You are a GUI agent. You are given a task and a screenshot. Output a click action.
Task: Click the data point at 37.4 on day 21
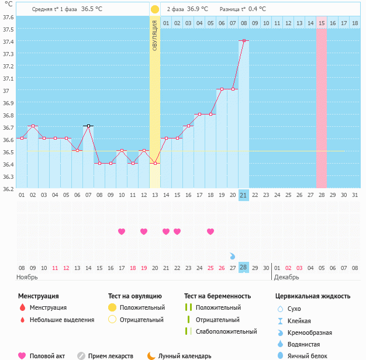(x=244, y=40)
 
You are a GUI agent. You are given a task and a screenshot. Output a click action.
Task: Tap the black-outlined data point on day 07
(x=88, y=126)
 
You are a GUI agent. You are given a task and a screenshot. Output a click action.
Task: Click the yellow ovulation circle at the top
(x=154, y=9)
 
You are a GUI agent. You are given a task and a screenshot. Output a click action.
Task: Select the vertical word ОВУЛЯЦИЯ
(x=155, y=36)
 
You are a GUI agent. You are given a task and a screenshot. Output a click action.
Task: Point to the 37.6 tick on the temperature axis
(x=9, y=17)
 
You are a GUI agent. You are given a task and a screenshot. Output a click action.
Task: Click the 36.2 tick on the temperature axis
(x=9, y=189)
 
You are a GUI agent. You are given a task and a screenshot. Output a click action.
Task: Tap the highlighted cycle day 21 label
(x=244, y=195)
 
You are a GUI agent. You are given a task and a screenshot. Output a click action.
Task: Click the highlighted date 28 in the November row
(x=244, y=267)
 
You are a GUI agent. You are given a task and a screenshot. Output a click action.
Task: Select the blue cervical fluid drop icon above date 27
(x=233, y=256)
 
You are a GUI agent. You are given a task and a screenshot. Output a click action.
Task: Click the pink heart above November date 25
(x=210, y=231)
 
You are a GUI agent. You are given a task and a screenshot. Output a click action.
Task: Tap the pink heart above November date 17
(x=122, y=231)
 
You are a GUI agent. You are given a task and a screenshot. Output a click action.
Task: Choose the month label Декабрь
(x=286, y=277)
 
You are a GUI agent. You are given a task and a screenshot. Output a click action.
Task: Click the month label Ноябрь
(x=27, y=277)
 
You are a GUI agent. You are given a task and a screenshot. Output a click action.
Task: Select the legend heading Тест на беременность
(x=217, y=296)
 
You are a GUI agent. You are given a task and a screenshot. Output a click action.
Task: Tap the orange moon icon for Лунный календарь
(x=151, y=355)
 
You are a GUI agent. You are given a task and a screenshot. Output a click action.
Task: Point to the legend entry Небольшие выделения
(x=62, y=320)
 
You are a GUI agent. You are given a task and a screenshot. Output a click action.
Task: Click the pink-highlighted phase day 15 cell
(x=322, y=23)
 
